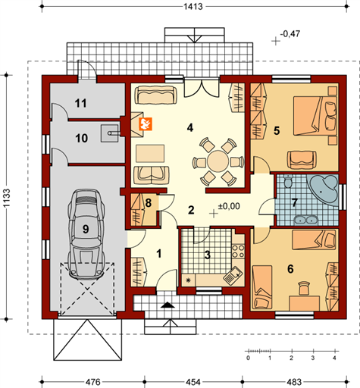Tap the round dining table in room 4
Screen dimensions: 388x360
pos(217,161)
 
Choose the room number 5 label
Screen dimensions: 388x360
pos(277,131)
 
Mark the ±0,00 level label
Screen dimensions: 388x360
pos(228,205)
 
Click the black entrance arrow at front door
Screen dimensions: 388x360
pos(167,305)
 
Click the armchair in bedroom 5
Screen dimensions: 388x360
pos(302,159)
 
